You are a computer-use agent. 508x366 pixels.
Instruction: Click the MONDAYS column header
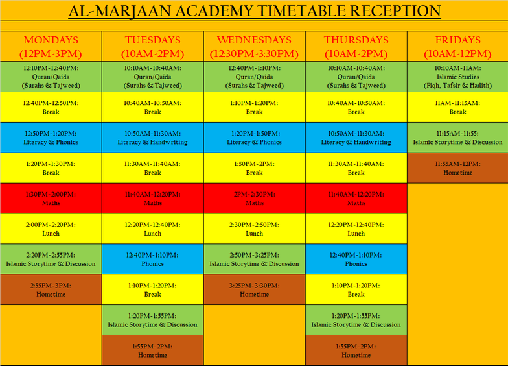(x=51, y=47)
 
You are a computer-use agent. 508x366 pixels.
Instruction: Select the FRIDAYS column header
(x=457, y=47)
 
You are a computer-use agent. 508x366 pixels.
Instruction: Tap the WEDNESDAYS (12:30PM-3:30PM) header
(x=254, y=47)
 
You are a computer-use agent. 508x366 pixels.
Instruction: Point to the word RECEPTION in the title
(x=395, y=11)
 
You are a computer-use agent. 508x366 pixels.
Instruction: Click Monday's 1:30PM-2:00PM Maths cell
(x=51, y=199)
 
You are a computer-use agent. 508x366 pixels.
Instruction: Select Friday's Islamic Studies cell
(x=457, y=77)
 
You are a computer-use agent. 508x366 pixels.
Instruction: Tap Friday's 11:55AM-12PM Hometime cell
(x=457, y=167)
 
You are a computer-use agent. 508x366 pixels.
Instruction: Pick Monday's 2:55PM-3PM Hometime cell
(x=51, y=289)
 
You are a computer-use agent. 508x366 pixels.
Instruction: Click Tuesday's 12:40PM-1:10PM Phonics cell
(x=153, y=259)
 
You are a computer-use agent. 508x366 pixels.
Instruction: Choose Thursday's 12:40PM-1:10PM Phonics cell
(x=356, y=259)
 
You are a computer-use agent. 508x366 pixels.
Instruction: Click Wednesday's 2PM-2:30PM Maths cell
(x=254, y=199)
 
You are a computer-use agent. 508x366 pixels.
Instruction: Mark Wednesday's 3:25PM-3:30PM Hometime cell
(x=254, y=289)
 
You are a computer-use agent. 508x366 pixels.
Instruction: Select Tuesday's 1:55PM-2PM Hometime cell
(x=153, y=350)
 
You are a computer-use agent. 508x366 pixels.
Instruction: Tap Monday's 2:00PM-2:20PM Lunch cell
(x=51, y=228)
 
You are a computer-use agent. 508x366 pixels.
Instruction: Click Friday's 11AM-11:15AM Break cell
(x=457, y=107)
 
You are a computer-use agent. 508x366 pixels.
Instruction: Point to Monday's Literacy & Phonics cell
(x=51, y=138)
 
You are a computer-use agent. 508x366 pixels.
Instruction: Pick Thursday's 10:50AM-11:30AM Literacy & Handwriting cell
(x=356, y=138)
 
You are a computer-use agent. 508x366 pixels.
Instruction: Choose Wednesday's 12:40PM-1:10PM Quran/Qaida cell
(x=254, y=77)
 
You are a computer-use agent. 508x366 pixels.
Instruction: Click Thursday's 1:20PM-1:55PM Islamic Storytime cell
(x=356, y=320)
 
